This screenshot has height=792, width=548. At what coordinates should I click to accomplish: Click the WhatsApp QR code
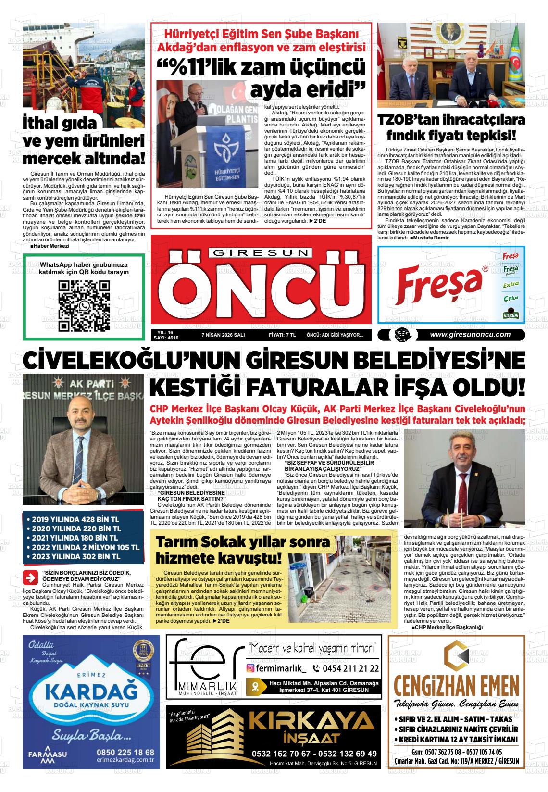84,306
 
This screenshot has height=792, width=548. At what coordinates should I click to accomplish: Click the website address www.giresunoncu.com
470,335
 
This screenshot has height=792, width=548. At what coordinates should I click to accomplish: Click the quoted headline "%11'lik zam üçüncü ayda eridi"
262,78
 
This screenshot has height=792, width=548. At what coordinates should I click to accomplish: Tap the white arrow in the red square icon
32,576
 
